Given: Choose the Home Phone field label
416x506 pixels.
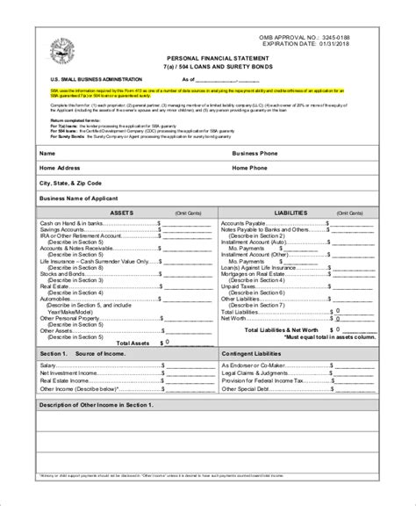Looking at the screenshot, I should pyautogui.click(x=250, y=167).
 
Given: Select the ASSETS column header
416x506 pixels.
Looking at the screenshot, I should pyautogui.click(x=121, y=213).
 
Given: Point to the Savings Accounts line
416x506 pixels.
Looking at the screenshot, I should pyautogui.click(x=65, y=229).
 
